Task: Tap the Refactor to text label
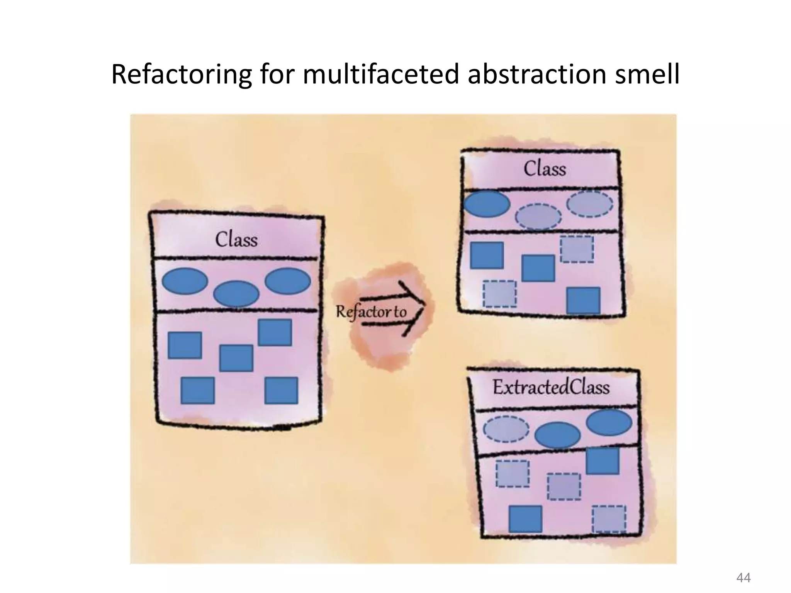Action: coord(371,312)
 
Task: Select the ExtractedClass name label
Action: coord(551,388)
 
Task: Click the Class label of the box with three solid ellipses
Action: coord(236,239)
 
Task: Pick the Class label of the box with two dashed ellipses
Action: coord(545,169)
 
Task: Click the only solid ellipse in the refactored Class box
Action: coord(487,204)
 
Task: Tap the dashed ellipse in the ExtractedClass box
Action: coord(506,429)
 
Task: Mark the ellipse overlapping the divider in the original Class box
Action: coord(236,294)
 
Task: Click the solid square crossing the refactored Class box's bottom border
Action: coord(583,300)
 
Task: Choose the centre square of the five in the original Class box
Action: coord(236,358)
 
